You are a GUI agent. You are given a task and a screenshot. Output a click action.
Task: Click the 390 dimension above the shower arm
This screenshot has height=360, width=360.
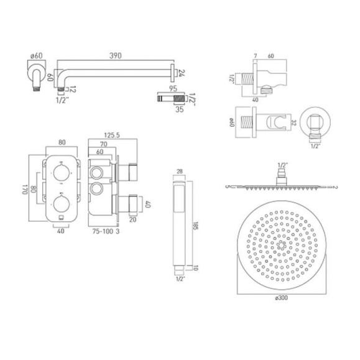[116, 55]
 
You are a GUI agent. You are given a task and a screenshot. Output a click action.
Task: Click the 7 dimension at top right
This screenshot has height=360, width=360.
[255, 55]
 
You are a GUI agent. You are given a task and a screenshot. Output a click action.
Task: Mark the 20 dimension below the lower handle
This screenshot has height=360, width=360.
[132, 218]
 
